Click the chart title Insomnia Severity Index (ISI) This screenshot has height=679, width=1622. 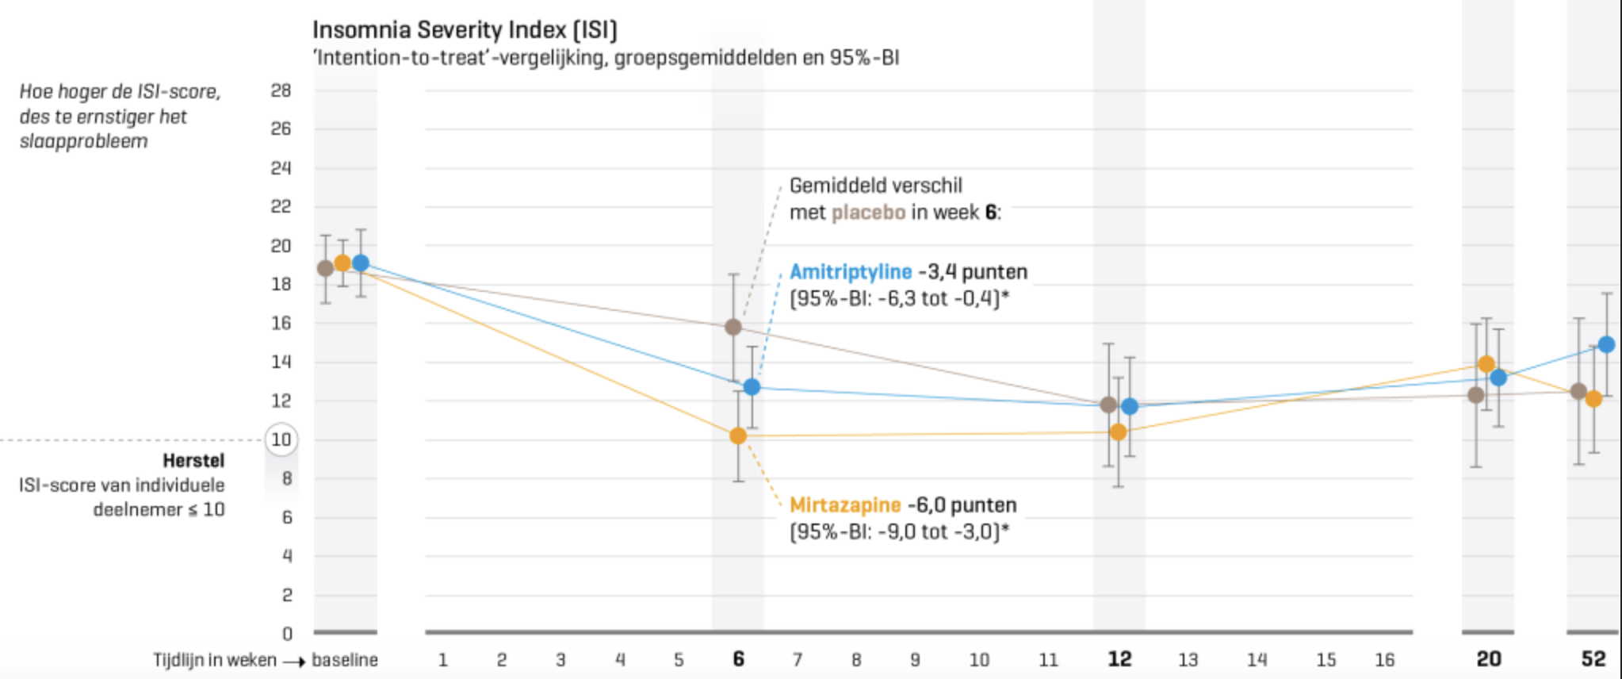(465, 30)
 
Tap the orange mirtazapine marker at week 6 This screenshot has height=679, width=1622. (738, 436)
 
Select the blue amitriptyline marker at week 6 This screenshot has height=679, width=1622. (752, 387)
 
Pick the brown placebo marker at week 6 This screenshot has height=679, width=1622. (733, 327)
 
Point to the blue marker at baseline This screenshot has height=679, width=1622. (361, 263)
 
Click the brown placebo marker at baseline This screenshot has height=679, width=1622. (325, 269)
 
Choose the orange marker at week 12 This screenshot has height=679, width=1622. (1119, 432)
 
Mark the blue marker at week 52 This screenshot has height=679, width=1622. (1607, 345)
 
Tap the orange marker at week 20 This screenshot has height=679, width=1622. (1486, 365)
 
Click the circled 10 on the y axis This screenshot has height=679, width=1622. (281, 439)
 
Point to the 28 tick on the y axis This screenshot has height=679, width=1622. (281, 90)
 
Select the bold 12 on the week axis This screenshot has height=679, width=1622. (1119, 659)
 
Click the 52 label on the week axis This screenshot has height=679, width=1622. (1593, 659)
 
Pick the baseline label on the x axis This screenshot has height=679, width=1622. (345, 660)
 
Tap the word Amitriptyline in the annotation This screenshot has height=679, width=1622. (851, 272)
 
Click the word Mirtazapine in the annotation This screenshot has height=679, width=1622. (845, 505)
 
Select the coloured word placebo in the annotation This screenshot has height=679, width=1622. (868, 213)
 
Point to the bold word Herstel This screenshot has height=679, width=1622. (193, 461)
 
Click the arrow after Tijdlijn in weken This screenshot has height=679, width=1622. (294, 662)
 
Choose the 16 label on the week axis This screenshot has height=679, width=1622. (1384, 660)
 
